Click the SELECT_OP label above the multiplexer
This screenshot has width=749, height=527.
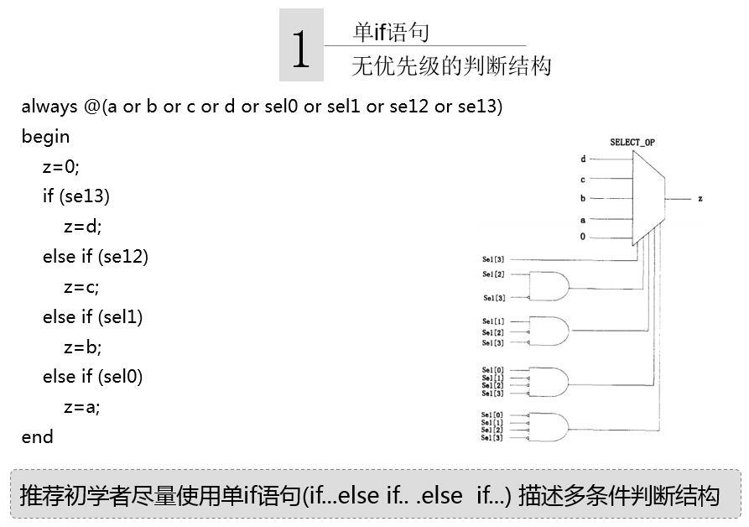coord(632,143)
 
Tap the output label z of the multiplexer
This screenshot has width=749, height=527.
coord(700,200)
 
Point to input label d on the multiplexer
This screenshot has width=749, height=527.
coord(583,159)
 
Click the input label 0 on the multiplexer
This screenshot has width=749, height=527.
coord(583,237)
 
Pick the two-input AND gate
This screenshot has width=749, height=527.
coord(549,286)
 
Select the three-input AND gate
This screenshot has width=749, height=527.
coord(549,331)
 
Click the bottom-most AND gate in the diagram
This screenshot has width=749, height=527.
coord(549,426)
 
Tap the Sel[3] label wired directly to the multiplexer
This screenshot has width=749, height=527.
coord(493,259)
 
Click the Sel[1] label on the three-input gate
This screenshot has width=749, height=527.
coord(493,322)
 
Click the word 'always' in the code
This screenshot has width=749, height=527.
coord(49,107)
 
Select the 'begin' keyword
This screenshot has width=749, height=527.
coord(45,137)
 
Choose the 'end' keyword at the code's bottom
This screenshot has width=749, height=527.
coord(37,437)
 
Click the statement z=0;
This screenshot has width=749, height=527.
coord(61,167)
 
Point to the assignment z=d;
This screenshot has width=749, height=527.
coord(82,227)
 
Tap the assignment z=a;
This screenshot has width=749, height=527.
coord(81,408)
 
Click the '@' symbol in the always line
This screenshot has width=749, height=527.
coord(91,107)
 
